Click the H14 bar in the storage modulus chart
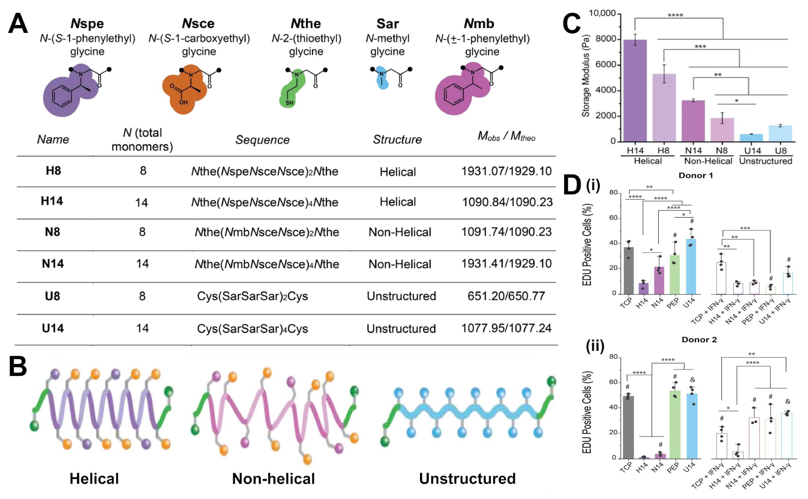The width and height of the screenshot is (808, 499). [x=635, y=91]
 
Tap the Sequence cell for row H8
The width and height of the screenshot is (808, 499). [x=265, y=171]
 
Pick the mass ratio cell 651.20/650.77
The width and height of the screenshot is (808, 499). [x=506, y=296]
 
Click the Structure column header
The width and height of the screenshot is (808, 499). [x=397, y=140]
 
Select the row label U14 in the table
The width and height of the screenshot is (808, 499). [x=53, y=328]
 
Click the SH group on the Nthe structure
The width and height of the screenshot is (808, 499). [x=290, y=103]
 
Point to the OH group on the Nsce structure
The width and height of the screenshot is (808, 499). [x=183, y=102]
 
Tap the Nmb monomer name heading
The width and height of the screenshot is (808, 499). [x=479, y=24]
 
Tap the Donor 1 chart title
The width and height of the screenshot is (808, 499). [x=695, y=176]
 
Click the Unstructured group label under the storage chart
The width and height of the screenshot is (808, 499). [x=766, y=161]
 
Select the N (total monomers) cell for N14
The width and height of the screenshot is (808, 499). [x=142, y=264]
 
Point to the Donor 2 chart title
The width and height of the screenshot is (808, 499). [x=699, y=340]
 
